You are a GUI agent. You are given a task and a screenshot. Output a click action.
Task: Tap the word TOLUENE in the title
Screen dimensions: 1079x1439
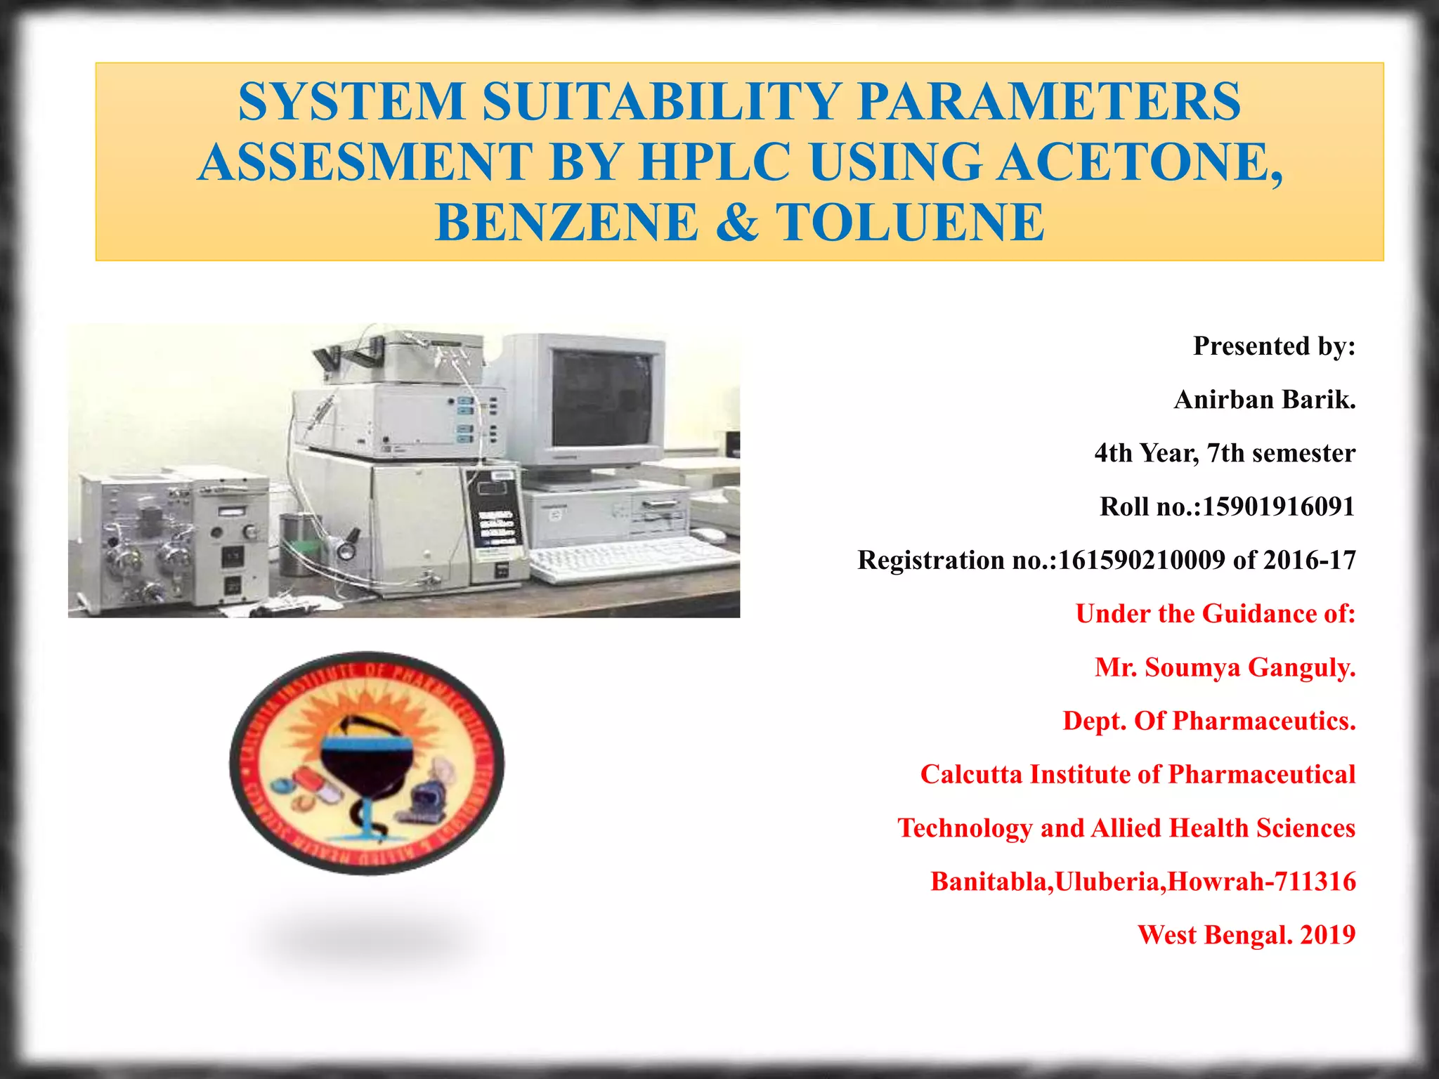(910, 222)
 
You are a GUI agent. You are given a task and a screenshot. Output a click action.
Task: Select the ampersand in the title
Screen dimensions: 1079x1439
(738, 222)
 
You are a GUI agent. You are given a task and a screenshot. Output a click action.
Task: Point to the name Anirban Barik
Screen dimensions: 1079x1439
(1264, 400)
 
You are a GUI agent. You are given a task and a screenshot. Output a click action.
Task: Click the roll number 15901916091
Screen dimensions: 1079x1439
(1278, 506)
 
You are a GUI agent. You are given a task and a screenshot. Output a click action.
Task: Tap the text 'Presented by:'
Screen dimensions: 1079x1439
(1273, 346)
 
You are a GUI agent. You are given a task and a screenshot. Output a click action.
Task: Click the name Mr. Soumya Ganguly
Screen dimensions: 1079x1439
(1225, 667)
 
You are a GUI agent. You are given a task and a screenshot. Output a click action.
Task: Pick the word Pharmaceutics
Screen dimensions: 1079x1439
(1263, 721)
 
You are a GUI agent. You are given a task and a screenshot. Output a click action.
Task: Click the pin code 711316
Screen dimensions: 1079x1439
(1313, 882)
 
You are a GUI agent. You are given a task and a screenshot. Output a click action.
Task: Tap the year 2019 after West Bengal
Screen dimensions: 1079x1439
(1327, 935)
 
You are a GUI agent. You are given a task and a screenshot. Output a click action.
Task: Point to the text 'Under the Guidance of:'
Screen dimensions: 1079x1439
(1215, 614)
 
